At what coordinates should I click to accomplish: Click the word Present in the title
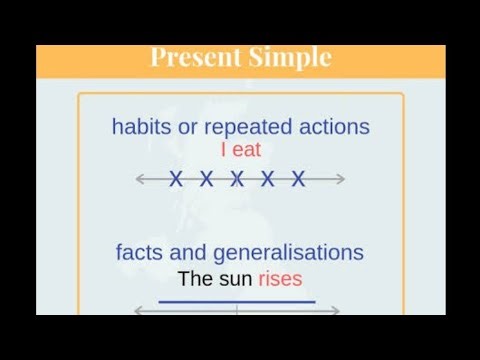tap(195, 57)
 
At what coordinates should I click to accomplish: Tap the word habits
tap(141, 127)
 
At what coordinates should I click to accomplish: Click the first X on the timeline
tap(176, 180)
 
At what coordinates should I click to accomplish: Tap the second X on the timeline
tap(206, 180)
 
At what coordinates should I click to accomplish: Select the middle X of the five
tap(237, 180)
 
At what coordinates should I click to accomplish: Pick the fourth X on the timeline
tap(268, 180)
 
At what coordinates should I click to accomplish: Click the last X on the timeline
tap(298, 180)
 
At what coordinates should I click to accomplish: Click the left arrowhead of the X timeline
tap(140, 180)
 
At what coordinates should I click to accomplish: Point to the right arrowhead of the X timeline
tap(341, 180)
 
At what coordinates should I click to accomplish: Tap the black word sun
tap(236, 278)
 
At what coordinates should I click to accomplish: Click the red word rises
tap(280, 278)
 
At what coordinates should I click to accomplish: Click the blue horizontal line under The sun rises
tap(237, 300)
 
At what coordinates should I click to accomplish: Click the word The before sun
tap(197, 278)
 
